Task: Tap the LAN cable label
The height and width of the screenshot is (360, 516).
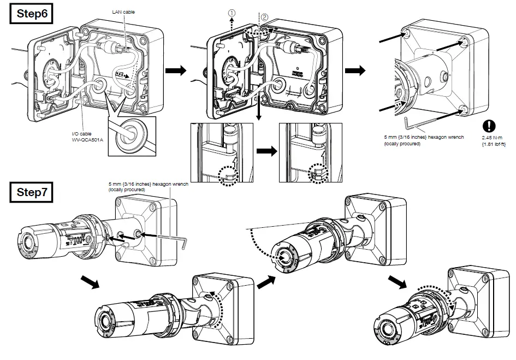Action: [x=123, y=11]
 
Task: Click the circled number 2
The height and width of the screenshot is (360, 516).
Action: [x=265, y=17]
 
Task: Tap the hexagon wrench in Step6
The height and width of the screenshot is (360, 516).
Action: [x=420, y=121]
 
